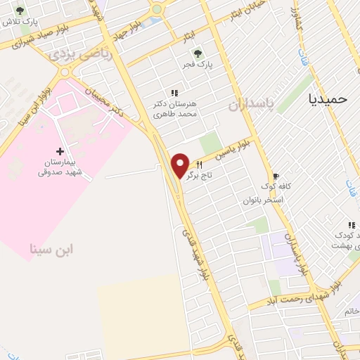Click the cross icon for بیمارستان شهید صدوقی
[59, 150]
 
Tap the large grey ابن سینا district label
[52, 249]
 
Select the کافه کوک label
[274, 186]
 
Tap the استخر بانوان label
[263, 200]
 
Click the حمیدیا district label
[328, 99]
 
